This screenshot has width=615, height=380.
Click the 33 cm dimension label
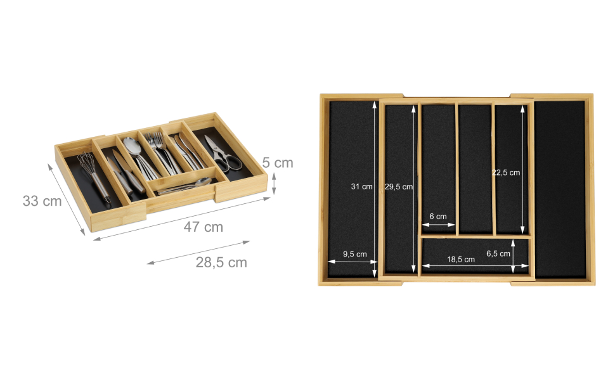point(42,201)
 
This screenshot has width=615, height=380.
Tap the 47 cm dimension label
point(203,227)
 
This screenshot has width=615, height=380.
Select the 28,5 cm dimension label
point(221,262)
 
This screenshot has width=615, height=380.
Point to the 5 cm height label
point(278,163)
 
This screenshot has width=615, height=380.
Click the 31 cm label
point(361,186)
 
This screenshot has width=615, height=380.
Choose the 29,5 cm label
point(399,187)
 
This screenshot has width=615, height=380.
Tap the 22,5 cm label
point(506,172)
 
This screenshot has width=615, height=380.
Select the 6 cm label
point(437,216)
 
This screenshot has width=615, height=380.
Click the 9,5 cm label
point(355,254)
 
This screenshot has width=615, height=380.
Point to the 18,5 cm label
point(461,259)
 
